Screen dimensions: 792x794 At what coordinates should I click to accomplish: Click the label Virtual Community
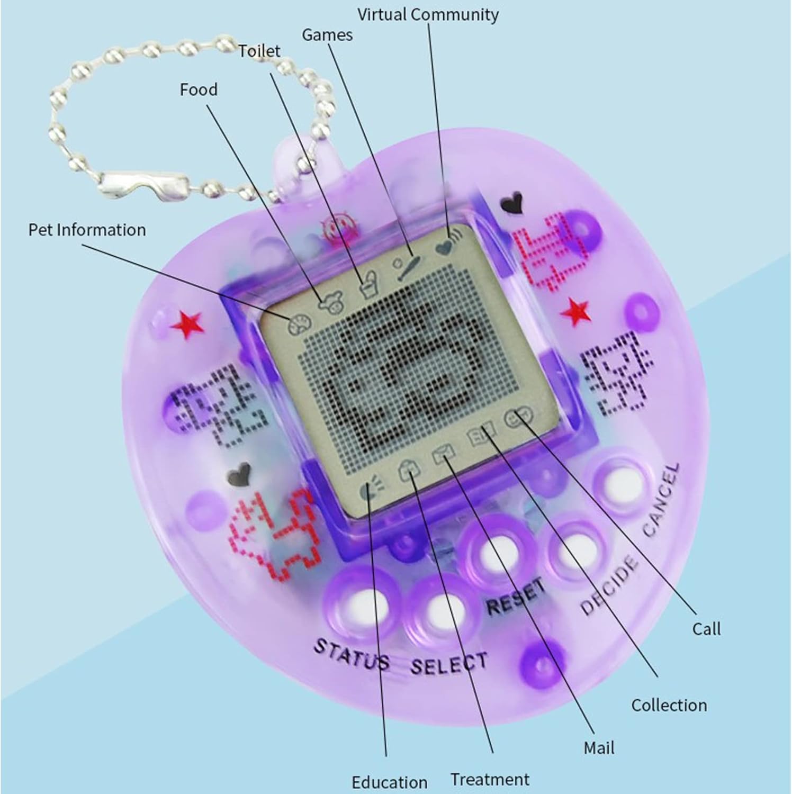[428, 15]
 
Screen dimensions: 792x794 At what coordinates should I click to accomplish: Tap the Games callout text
[327, 35]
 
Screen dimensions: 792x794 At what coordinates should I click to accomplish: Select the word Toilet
[259, 51]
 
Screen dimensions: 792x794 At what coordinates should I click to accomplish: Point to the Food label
[199, 89]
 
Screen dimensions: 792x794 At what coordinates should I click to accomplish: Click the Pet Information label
[87, 230]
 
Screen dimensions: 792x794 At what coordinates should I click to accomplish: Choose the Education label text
[389, 782]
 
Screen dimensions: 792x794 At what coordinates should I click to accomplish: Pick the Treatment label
[490, 779]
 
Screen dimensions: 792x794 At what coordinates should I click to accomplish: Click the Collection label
[669, 705]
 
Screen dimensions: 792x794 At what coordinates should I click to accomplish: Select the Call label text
[706, 629]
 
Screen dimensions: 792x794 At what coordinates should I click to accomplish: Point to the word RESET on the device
[516, 596]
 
